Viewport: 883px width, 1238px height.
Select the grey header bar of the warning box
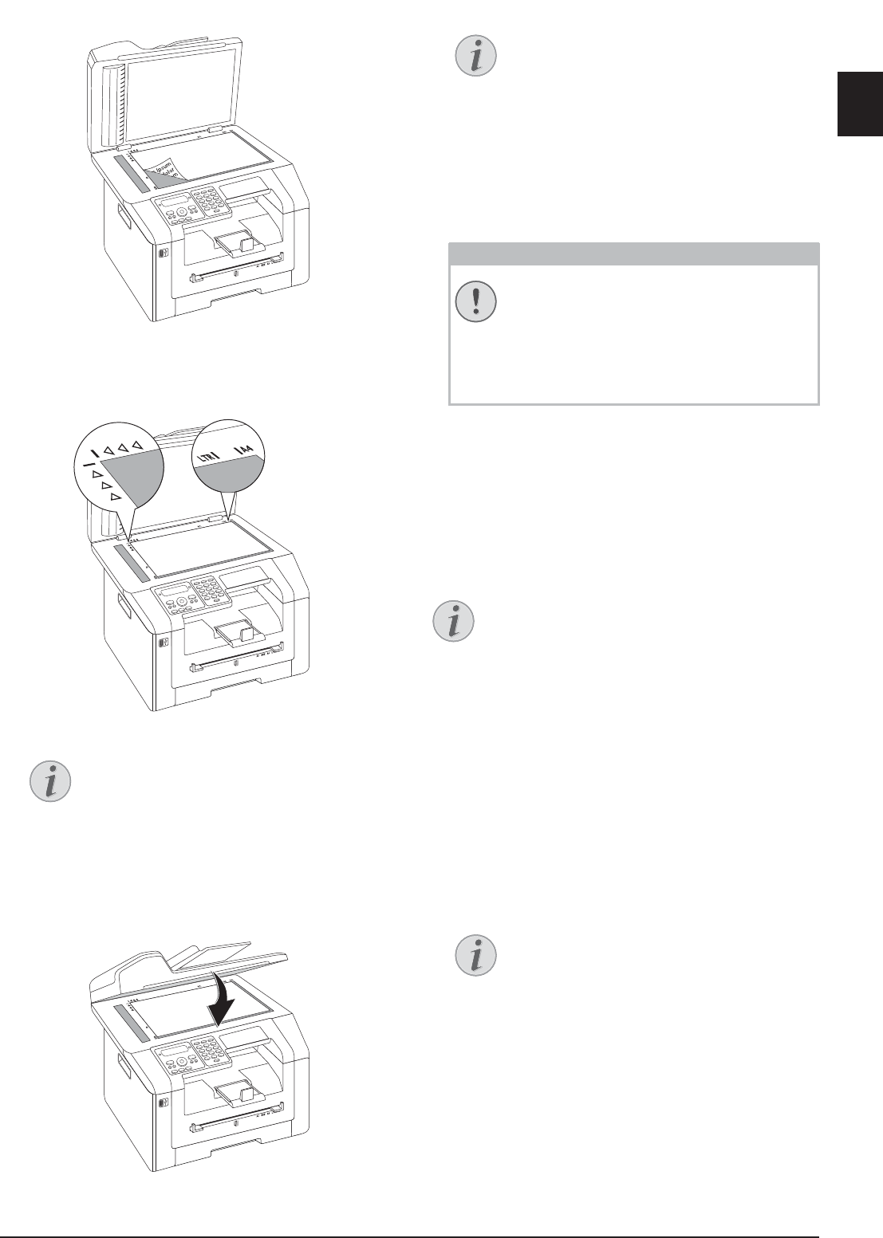pyautogui.click(x=634, y=254)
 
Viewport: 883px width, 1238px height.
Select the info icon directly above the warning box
pyautogui.click(x=476, y=56)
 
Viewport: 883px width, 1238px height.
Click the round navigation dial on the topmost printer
pyautogui.click(x=182, y=212)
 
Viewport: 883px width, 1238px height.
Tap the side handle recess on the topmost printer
pyautogui.click(x=122, y=214)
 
